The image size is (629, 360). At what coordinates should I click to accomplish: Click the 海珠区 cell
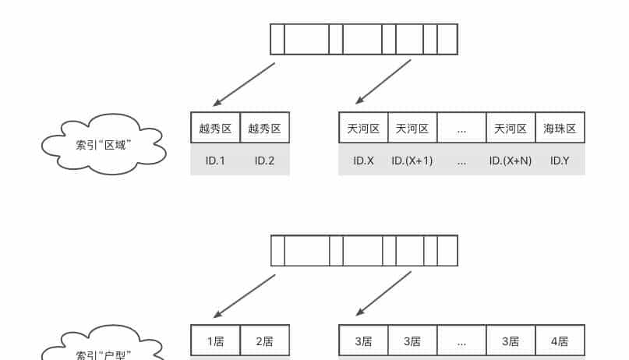click(560, 129)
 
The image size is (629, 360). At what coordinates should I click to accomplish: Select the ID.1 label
click(215, 161)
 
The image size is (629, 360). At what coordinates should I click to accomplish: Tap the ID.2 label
click(264, 161)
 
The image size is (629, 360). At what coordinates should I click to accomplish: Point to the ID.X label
click(363, 161)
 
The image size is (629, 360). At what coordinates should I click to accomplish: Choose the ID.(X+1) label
click(412, 161)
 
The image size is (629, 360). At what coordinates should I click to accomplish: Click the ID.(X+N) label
click(511, 161)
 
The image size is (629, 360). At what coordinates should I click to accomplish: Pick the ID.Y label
click(560, 161)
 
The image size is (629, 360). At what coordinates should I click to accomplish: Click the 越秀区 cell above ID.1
click(215, 129)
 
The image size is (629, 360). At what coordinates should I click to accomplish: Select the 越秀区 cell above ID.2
click(264, 129)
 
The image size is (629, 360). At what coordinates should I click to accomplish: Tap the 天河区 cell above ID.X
click(363, 129)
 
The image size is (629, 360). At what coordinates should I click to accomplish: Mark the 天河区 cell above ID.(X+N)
click(511, 129)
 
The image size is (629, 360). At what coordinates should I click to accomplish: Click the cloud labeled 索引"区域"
click(103, 143)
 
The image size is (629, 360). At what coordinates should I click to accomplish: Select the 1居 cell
click(215, 341)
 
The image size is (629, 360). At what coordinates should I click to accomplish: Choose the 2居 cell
click(264, 341)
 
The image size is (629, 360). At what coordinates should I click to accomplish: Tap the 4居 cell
click(560, 341)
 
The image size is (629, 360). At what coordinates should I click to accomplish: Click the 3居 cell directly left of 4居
click(511, 341)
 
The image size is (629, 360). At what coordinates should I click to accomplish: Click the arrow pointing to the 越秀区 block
click(244, 84)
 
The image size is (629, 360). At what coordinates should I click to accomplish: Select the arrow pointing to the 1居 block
click(244, 293)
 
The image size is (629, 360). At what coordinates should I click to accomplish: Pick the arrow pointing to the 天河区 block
click(383, 82)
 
